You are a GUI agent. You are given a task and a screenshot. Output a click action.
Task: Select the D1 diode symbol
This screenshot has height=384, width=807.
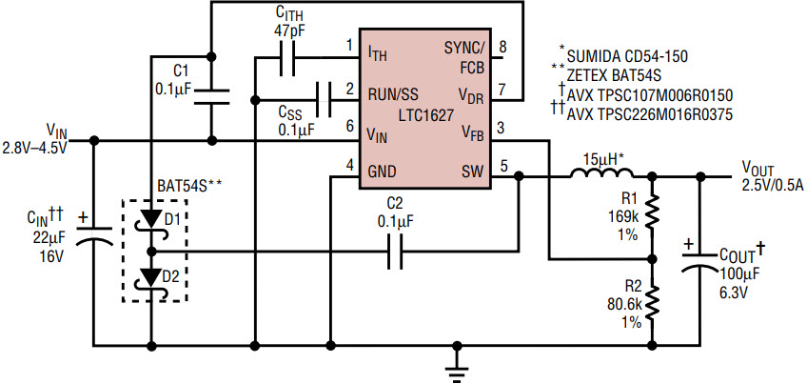152,219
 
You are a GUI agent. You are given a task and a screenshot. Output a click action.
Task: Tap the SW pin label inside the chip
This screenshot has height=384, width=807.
473,172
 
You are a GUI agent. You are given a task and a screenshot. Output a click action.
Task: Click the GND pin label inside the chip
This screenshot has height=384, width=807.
384,172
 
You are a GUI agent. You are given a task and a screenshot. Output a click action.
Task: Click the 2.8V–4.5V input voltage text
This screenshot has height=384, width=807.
36,149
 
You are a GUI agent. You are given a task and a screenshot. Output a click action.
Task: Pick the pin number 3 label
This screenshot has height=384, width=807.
502,128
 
